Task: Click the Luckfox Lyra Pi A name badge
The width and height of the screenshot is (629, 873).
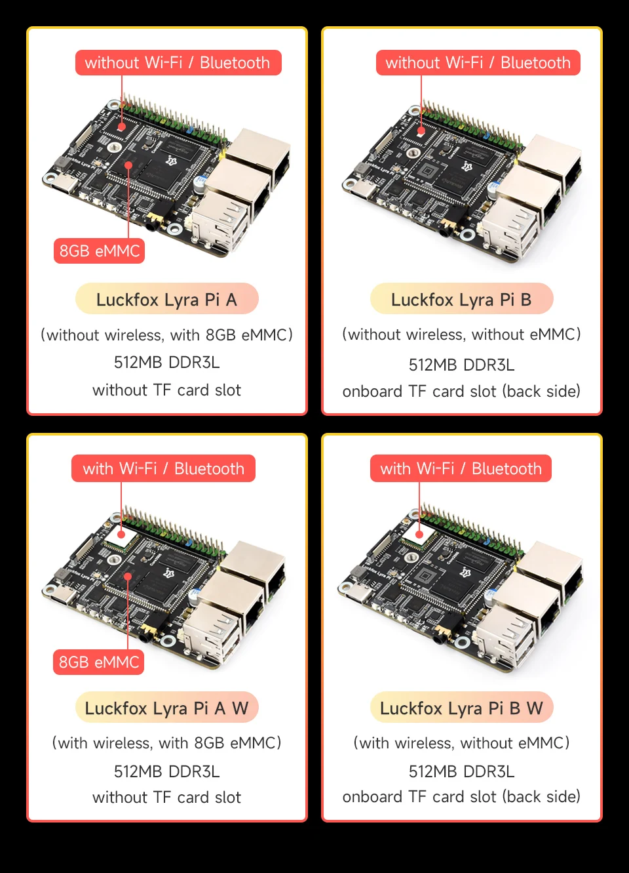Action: click(166, 299)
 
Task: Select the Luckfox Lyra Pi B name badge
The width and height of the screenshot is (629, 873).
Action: click(461, 299)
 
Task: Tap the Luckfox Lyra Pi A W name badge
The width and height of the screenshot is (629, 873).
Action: click(166, 708)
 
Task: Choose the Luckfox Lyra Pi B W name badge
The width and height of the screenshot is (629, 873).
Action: click(461, 708)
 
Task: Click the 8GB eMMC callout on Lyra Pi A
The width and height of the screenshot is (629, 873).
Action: click(100, 251)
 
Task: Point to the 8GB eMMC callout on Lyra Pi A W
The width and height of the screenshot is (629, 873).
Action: click(99, 662)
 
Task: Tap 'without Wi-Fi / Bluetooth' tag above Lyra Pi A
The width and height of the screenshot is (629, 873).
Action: click(178, 63)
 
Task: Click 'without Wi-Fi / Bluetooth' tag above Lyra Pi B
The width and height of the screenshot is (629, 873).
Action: click(478, 63)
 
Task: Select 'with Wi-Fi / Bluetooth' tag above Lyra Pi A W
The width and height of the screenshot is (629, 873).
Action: click(163, 468)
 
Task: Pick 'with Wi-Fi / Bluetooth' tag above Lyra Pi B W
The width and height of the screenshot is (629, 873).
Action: click(461, 468)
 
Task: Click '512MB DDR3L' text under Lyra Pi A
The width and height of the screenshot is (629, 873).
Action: click(166, 362)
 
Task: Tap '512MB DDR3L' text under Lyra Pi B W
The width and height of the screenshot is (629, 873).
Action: click(461, 771)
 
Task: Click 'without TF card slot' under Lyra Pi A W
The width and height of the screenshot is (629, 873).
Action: click(166, 798)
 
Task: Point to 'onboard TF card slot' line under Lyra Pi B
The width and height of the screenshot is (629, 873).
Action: click(461, 392)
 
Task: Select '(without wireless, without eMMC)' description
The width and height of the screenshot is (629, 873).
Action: click(461, 335)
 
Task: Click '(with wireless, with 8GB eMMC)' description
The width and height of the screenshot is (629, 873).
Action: click(166, 743)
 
